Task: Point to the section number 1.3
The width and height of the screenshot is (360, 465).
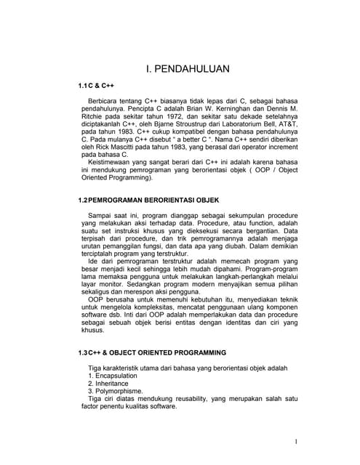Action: click(x=83, y=352)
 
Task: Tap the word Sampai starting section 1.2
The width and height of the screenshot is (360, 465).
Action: click(x=99, y=216)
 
